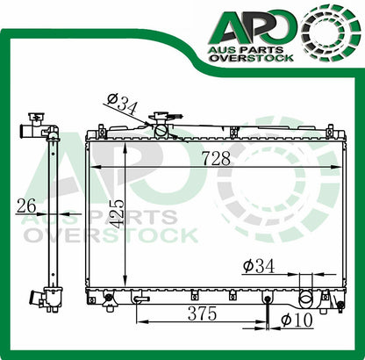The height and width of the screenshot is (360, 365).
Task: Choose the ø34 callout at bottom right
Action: [261, 265]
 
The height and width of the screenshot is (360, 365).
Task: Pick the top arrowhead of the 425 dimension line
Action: [128, 142]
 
